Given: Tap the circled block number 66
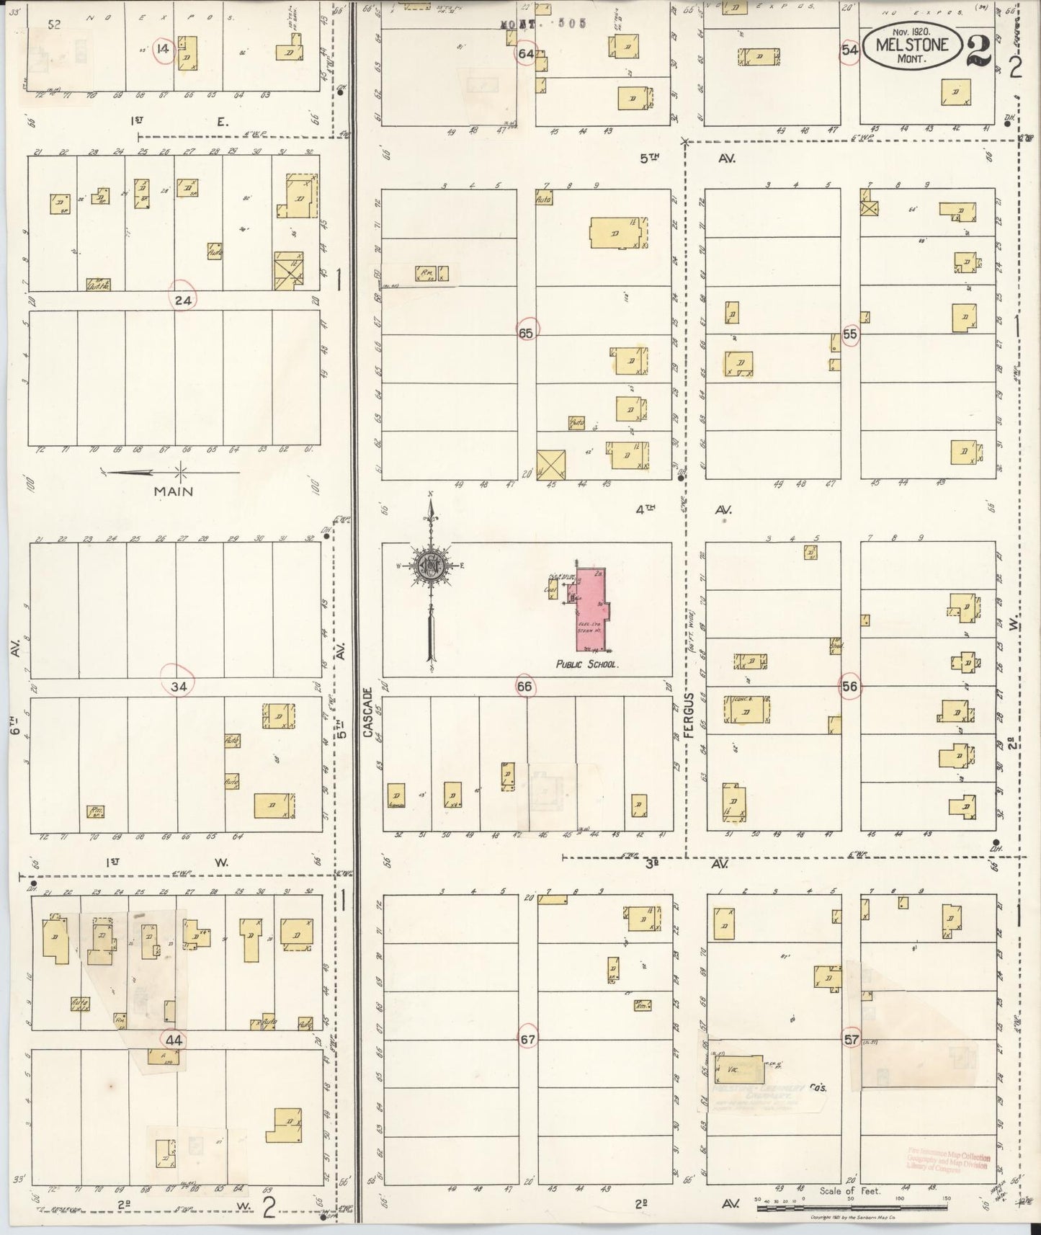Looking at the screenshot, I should (x=524, y=687).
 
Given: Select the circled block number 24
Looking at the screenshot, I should (x=183, y=300).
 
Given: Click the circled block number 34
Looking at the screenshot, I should (x=179, y=687).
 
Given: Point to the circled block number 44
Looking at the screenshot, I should (x=174, y=1040).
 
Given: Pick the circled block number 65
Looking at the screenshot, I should (x=527, y=333).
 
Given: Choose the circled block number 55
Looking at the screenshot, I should (x=850, y=334).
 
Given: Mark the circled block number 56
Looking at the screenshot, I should (x=850, y=687).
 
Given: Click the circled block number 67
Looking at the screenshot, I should (x=527, y=1039).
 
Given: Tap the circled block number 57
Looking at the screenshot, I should (x=852, y=1040).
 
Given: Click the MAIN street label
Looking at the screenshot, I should (x=174, y=491).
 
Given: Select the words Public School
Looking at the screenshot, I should (x=586, y=664).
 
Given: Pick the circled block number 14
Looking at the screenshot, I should (x=164, y=49).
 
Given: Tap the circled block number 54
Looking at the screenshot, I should (x=850, y=50).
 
